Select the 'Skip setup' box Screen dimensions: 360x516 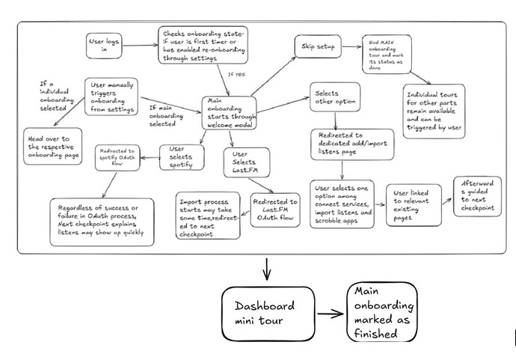[316, 46]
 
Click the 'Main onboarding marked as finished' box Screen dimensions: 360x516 [381, 313]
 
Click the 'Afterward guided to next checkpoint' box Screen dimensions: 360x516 [477, 195]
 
